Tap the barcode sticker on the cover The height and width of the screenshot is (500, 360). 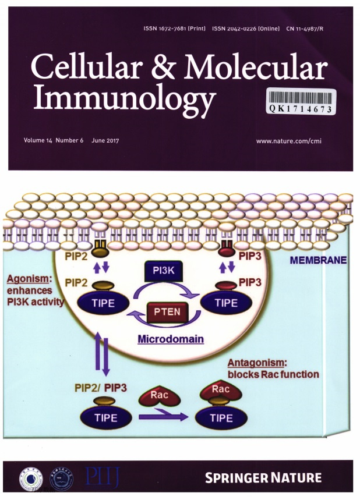coord(301,102)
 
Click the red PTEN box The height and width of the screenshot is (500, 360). coord(166,313)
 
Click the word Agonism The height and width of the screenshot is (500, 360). coord(27,278)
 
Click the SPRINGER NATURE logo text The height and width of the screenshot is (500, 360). coord(263,478)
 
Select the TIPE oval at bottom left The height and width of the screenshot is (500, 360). coord(106,418)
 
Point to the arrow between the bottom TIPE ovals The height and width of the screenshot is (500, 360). coord(163,417)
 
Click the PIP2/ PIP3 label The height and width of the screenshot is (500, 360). coord(103,387)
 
